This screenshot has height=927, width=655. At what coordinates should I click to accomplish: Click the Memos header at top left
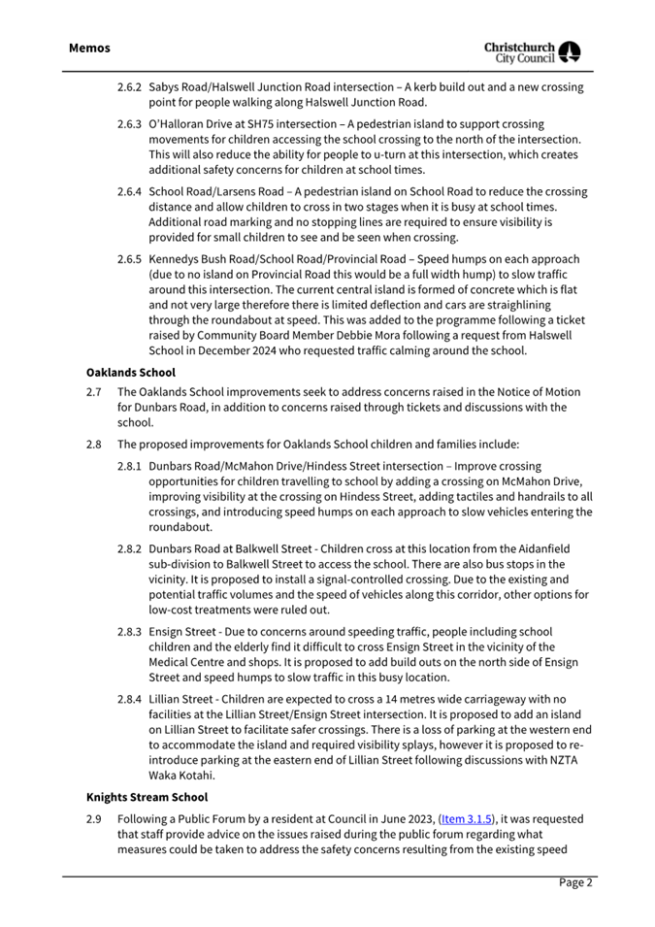pos(89,48)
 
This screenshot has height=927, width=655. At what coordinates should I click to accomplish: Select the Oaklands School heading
pos(122,372)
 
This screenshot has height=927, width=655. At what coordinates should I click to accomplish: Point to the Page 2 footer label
pos(574,882)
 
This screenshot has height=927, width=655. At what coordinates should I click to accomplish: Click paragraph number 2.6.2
pos(130,87)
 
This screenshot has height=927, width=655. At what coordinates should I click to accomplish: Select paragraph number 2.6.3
pos(130,125)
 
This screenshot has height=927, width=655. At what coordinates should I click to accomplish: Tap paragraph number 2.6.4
pos(130,192)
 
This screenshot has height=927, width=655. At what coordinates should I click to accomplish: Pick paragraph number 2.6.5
pos(130,260)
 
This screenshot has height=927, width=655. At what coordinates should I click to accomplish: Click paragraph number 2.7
pos(93,392)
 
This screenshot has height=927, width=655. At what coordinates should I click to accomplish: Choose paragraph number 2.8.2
pos(130,549)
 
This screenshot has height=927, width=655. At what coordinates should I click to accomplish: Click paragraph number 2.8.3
pos(130,632)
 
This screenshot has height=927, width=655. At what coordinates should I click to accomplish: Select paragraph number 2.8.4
pos(130,700)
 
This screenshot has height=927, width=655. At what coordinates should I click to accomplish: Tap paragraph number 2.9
pos(93,818)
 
